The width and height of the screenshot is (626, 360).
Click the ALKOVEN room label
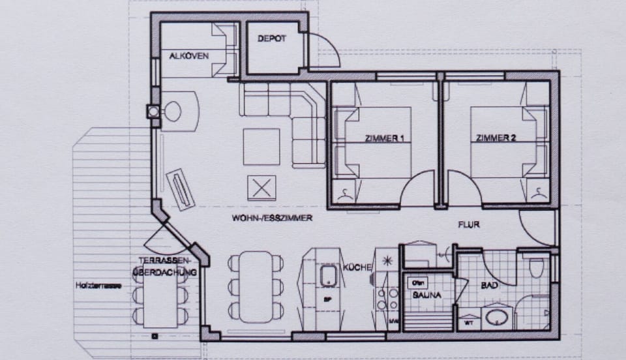(189, 56)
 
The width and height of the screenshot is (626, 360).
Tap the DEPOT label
(271, 39)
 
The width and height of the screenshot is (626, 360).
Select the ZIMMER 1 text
(385, 138)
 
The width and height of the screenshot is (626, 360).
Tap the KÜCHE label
(357, 267)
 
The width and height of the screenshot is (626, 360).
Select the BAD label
(490, 286)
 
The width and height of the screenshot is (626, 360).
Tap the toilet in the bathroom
(536, 267)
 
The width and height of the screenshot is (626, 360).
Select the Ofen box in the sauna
(417, 283)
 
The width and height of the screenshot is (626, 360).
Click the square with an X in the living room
(261, 188)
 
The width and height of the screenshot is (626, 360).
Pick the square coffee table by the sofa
(261, 147)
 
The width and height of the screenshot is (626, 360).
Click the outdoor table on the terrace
(160, 298)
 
